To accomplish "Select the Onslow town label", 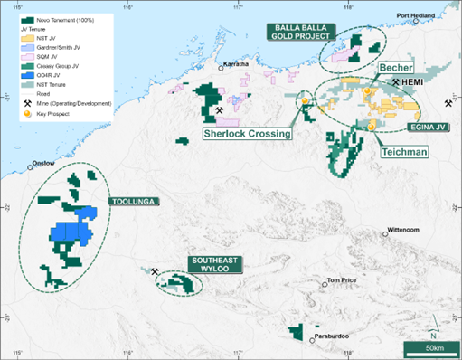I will (43, 164).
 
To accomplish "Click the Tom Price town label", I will (343, 280).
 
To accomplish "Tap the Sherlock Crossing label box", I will (246, 133).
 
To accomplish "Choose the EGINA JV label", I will (429, 128).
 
